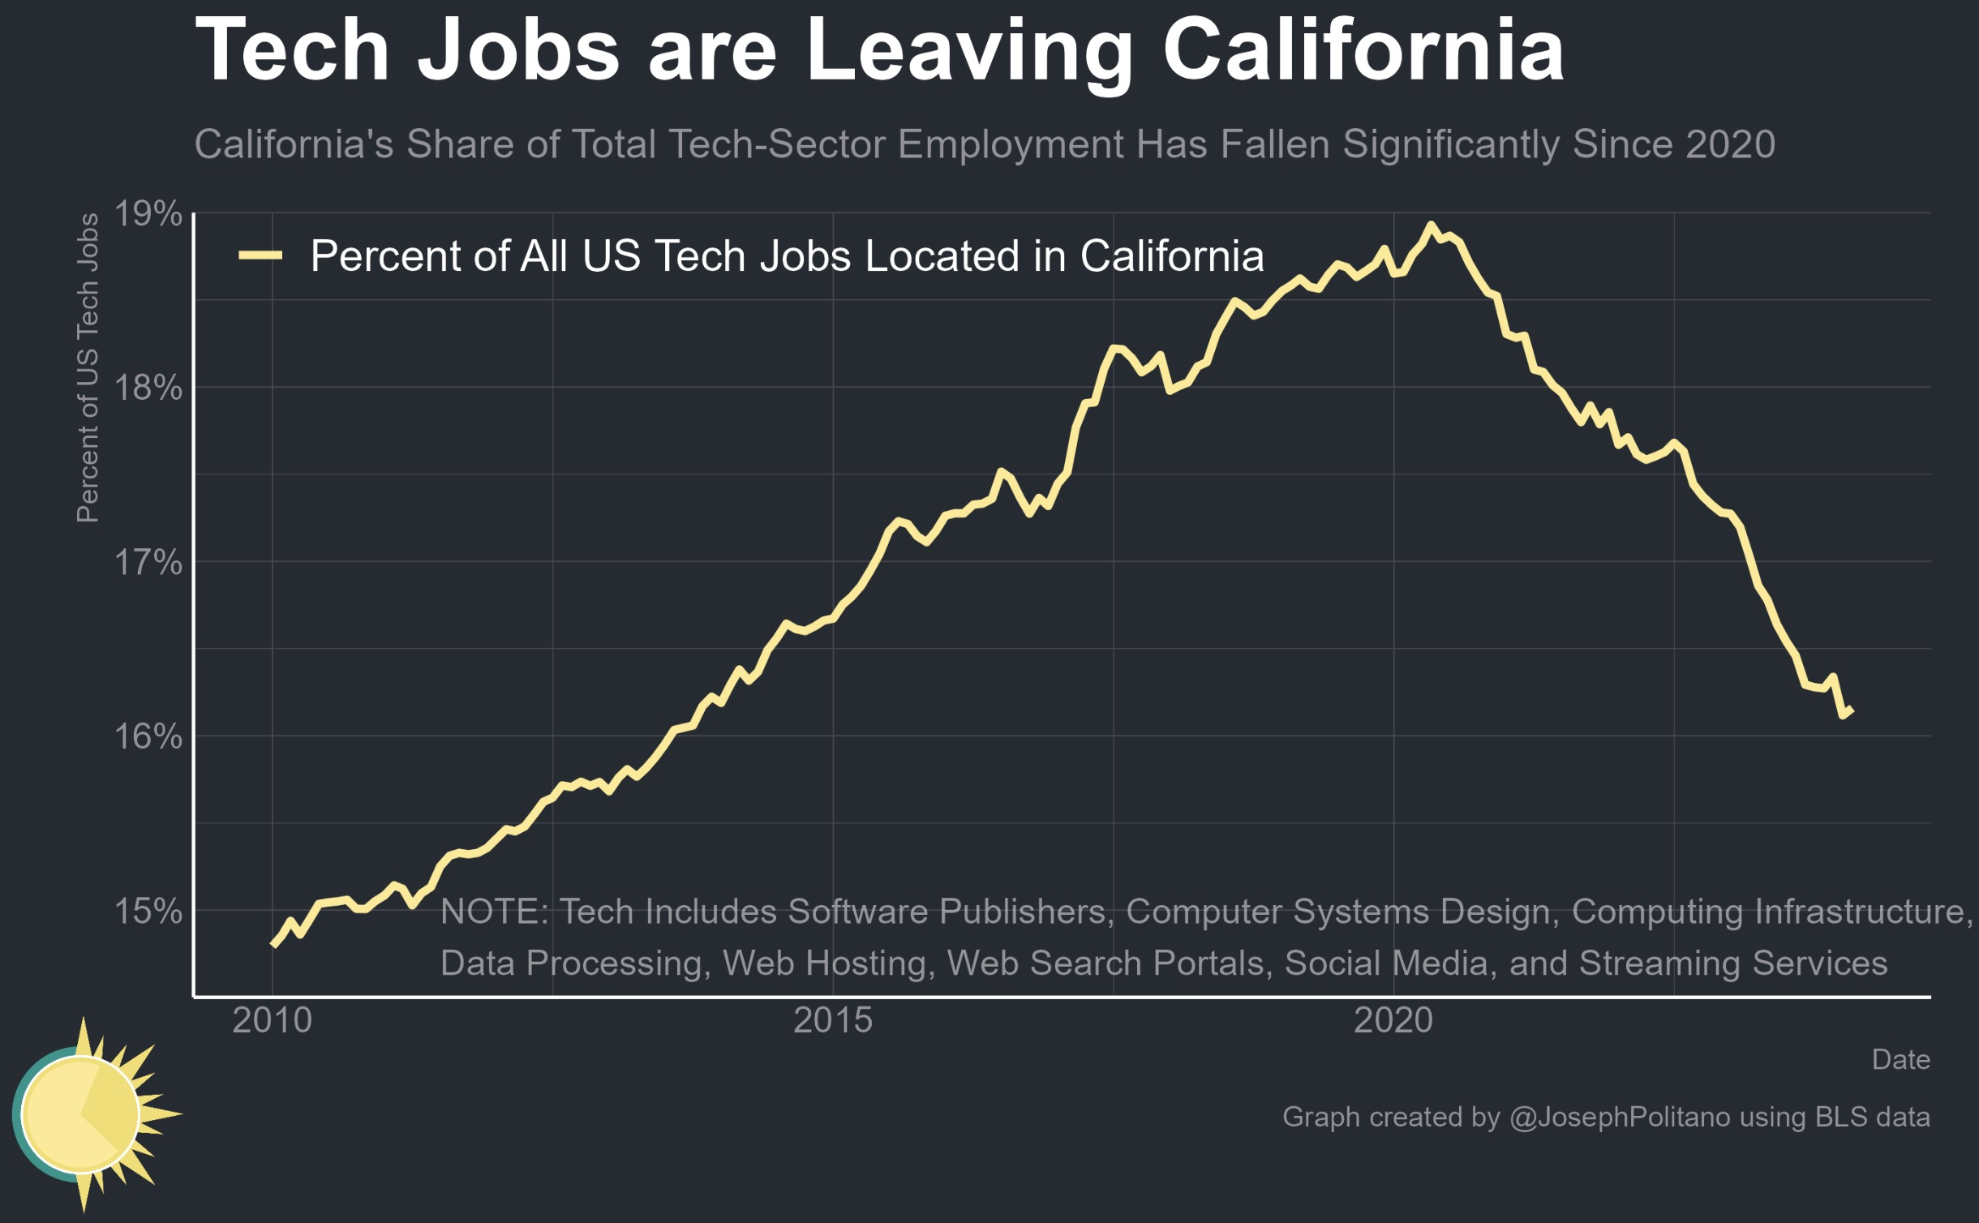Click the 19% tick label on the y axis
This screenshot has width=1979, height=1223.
pos(148,214)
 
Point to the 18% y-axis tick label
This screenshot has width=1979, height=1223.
pos(148,388)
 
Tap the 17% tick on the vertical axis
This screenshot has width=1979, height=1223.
pos(148,562)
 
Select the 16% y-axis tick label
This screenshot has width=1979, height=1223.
pos(148,736)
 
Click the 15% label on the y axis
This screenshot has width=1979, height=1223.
pos(148,911)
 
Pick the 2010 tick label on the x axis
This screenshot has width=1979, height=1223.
pos(272,1020)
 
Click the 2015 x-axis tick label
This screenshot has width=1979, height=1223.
pos(833,1020)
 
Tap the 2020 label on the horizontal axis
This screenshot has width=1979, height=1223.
pos(1393,1020)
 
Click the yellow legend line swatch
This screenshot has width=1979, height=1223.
pos(260,255)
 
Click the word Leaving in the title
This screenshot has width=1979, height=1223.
pos(968,53)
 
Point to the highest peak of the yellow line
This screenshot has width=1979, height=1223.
pos(1430,225)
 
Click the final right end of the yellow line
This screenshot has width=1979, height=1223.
pos(1852,710)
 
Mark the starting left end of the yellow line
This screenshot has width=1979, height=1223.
pos(273,945)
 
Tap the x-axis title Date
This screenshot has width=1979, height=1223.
pos(1900,1060)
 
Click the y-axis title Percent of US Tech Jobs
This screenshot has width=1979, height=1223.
pos(88,368)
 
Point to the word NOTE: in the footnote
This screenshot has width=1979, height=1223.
pos(495,912)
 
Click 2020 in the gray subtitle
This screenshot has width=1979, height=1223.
pos(1730,144)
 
